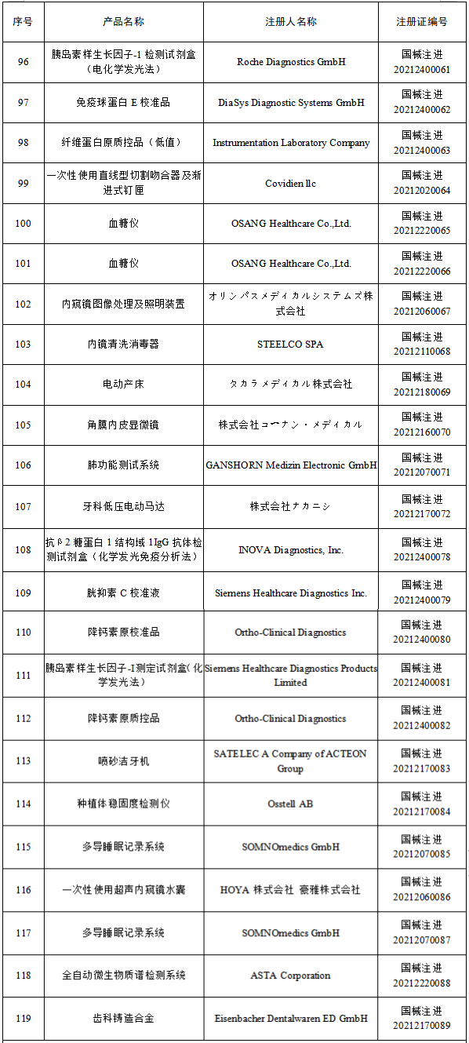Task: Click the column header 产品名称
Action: (123, 21)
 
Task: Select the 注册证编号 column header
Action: (422, 21)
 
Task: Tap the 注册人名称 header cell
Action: (290, 21)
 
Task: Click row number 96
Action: (23, 61)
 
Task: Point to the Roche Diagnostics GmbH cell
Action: (290, 61)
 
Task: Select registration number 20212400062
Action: (422, 110)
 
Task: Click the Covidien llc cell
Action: (290, 183)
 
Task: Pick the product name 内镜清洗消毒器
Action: (123, 344)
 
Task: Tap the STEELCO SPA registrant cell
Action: (290, 344)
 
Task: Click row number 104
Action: (23, 384)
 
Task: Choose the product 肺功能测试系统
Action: (123, 465)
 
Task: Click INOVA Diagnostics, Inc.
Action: (290, 550)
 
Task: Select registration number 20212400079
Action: (422, 600)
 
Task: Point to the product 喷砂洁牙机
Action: (123, 760)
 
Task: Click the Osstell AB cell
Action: (290, 804)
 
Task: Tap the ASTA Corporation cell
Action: (290, 976)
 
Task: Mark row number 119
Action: (23, 1019)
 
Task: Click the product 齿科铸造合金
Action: (123, 1019)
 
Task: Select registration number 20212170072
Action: (422, 514)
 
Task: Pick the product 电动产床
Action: (123, 384)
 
